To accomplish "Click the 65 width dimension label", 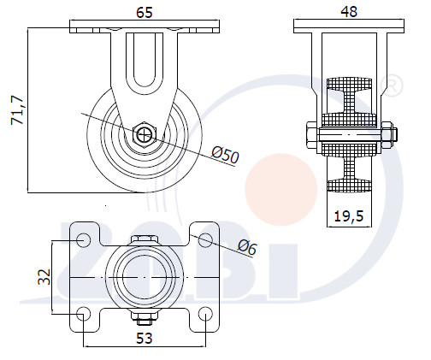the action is click(145, 13).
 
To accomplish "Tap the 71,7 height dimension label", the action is click(17, 110).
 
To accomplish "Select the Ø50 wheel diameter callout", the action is click(225, 156).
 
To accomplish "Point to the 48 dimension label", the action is click(349, 12).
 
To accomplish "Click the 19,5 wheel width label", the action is click(349, 215).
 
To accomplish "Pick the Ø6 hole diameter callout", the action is click(247, 247).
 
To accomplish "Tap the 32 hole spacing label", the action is click(44, 277).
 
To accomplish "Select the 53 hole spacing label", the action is click(145, 339).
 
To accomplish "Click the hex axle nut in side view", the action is click(145, 134).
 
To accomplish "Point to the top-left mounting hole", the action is click(84, 239).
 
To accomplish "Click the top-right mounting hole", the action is click(205, 239).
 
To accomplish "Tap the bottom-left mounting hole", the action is click(84, 314).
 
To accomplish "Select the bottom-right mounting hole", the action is click(205, 314).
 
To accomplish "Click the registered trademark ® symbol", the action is click(392, 85).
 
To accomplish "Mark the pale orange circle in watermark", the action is click(281, 190).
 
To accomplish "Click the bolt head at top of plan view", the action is click(145, 239).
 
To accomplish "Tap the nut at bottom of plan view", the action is click(145, 317).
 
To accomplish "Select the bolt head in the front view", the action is click(312, 135).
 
